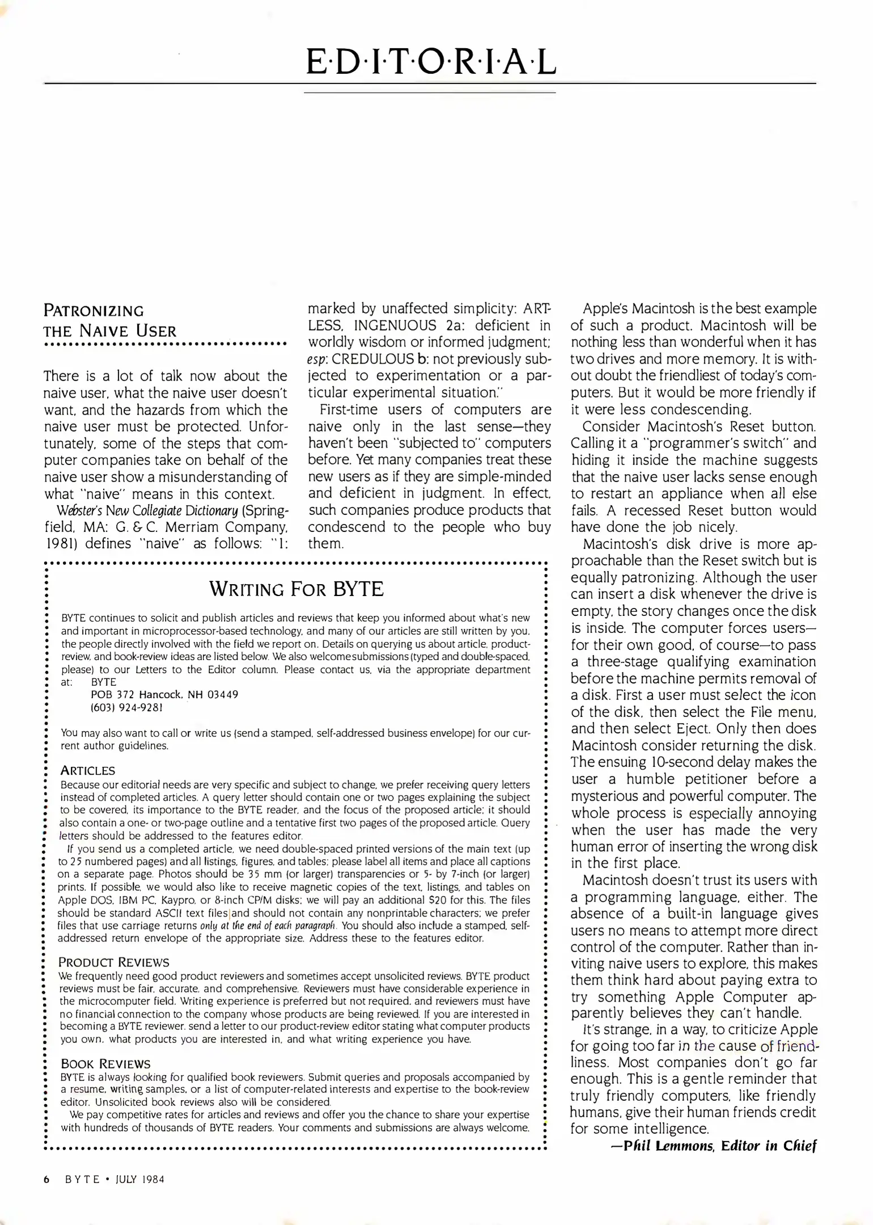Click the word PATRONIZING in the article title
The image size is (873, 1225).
[94, 311]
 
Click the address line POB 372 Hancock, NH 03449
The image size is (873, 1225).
[164, 695]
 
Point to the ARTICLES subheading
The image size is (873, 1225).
[88, 771]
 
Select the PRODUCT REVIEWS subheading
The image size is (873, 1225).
[114, 962]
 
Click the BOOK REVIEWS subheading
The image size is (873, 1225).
[105, 1064]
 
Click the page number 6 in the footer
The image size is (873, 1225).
[47, 1180]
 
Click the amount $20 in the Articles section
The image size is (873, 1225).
[474, 900]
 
